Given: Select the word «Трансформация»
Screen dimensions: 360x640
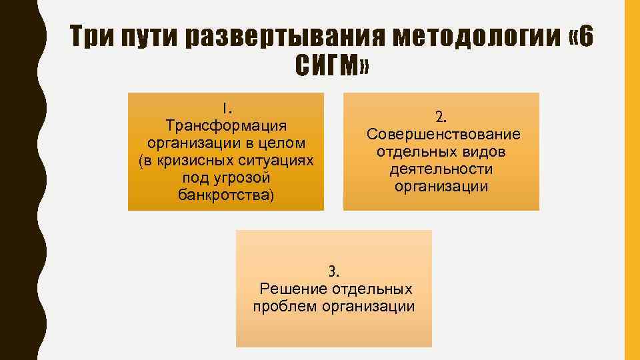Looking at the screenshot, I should pyautogui.click(x=226, y=125).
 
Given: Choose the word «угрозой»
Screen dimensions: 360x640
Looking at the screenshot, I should pyautogui.click(x=243, y=178).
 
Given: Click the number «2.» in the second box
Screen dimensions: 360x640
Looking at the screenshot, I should pyautogui.click(x=441, y=117).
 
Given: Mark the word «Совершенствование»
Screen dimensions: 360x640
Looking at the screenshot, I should pyautogui.click(x=443, y=135).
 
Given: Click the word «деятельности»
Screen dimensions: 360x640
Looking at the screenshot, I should pyautogui.click(x=441, y=169).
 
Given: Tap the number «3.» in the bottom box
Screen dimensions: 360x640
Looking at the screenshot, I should pyautogui.click(x=333, y=271).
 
